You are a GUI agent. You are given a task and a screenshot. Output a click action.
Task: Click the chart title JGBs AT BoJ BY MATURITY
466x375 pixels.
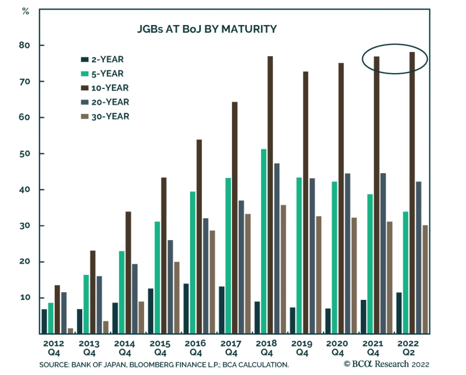[x=207, y=29]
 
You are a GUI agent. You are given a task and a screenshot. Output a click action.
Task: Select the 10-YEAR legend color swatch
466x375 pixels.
[x=84, y=88]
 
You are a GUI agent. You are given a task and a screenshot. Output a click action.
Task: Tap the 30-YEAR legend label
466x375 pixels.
[x=110, y=116]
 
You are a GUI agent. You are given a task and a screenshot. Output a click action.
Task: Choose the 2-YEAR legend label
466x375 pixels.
[x=107, y=59]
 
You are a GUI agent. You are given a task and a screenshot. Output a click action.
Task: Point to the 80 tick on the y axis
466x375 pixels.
[x=24, y=45]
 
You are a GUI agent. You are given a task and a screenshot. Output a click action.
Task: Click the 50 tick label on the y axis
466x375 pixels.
[x=24, y=154]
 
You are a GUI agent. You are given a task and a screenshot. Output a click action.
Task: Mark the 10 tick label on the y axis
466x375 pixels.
[x=25, y=298]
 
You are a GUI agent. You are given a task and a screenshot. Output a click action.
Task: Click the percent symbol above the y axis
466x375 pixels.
[x=26, y=12]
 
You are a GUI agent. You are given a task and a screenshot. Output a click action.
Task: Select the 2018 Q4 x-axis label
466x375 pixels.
[x=266, y=348]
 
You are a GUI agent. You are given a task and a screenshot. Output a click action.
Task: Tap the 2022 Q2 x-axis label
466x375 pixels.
[x=408, y=348]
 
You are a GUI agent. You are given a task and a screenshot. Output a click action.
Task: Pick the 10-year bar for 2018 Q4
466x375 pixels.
[x=270, y=195]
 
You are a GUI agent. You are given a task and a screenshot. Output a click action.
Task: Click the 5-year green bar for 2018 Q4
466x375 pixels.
[x=264, y=242]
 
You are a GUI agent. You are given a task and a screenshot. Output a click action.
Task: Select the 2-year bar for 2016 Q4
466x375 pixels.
[x=186, y=309]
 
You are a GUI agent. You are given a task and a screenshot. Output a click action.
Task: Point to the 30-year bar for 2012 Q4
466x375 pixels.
[x=70, y=331]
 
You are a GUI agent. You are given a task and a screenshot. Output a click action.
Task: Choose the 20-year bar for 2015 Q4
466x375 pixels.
[x=170, y=287]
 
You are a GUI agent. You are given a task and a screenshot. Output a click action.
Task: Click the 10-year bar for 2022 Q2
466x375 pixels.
[x=412, y=192]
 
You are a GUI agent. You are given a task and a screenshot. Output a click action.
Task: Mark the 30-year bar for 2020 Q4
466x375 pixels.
[x=354, y=275]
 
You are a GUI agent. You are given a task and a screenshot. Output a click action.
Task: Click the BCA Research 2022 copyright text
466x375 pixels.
[x=386, y=364]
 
